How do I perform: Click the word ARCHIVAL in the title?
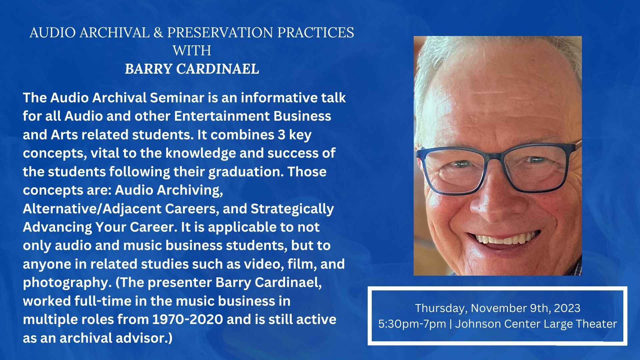(x=115, y=33)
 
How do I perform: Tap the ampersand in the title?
(x=159, y=33)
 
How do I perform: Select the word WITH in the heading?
(x=192, y=51)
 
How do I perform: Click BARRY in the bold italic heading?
(x=148, y=69)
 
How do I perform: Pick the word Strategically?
(x=292, y=209)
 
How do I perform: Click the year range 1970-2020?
(x=188, y=319)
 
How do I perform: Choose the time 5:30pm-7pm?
(x=412, y=324)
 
